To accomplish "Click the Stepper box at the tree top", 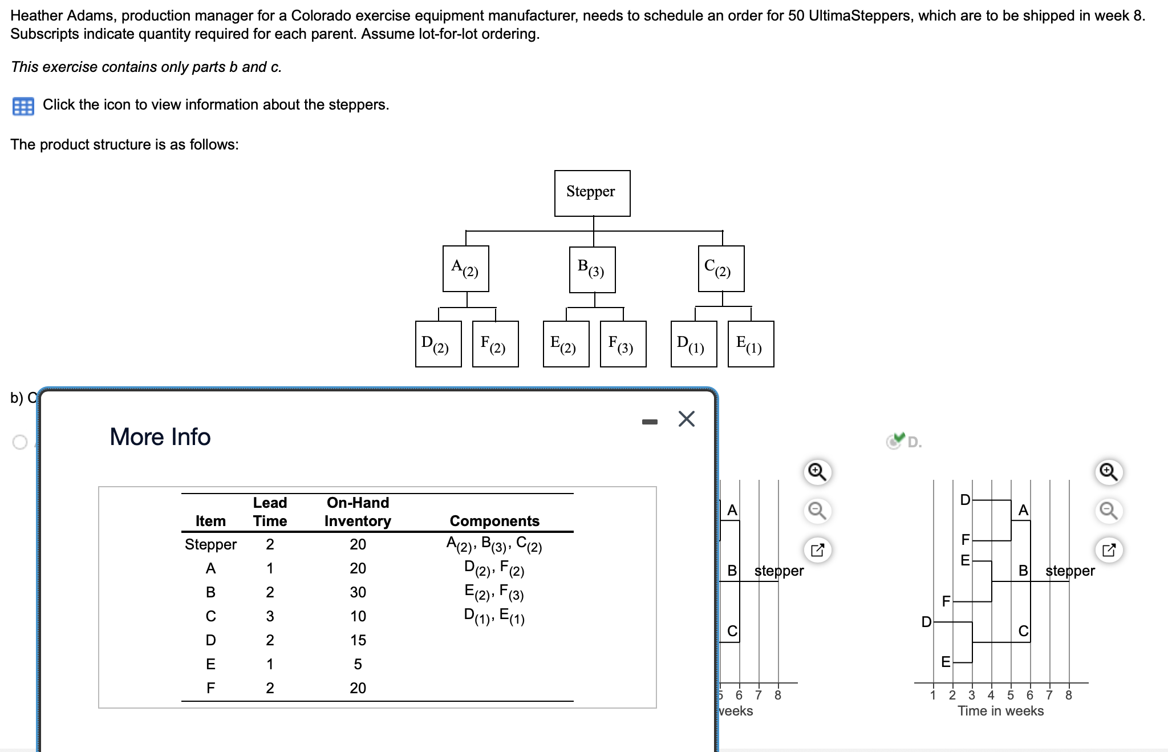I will (x=592, y=193).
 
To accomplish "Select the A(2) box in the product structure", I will (x=465, y=268).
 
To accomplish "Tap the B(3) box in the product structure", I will (x=592, y=269).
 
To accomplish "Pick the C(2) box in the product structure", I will (x=721, y=268).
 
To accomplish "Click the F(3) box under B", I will (x=623, y=344).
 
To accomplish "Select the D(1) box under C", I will (x=693, y=344).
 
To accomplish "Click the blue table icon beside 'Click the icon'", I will (x=23, y=106).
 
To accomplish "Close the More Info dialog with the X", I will (x=686, y=419).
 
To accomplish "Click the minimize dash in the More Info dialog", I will (x=650, y=422).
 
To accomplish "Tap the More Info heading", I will (x=160, y=437).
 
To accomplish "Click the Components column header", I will (x=494, y=521).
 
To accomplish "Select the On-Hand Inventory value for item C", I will (x=358, y=616).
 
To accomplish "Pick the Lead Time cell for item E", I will (x=270, y=664).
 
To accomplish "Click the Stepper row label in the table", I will (x=210, y=544).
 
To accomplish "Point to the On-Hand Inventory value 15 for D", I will (x=358, y=640).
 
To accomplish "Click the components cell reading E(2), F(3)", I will (x=494, y=592).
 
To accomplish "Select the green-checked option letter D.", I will (x=914, y=442).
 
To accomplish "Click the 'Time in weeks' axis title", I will (x=1000, y=711).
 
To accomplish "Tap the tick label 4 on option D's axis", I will (x=991, y=695).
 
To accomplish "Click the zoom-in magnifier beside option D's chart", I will (x=1108, y=472).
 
